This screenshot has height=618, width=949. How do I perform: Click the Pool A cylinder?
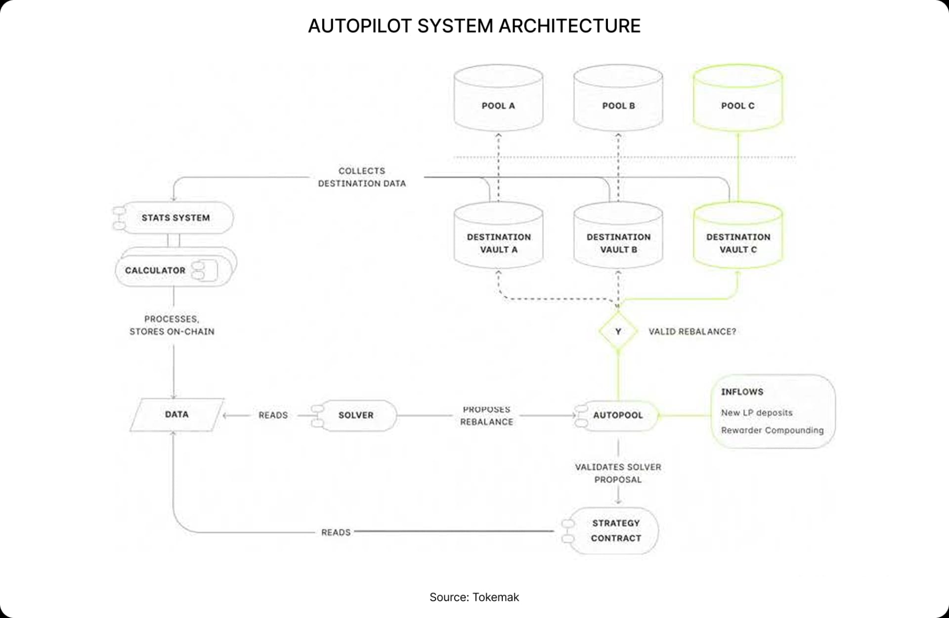pos(498,99)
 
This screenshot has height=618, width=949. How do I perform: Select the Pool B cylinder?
pos(618,99)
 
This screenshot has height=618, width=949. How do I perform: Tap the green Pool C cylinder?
pos(737,99)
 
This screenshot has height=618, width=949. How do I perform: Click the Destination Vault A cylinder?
pos(498,237)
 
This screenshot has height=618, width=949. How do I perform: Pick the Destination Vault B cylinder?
pos(618,237)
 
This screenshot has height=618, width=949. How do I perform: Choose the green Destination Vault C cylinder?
pos(737,237)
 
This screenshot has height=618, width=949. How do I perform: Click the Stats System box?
pos(175,218)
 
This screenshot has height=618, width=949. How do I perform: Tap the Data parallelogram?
pos(176,414)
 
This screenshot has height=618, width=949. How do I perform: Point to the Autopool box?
pos(618,415)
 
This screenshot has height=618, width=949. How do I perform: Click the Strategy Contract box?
pos(615,531)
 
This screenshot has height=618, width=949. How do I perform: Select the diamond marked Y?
pos(618,331)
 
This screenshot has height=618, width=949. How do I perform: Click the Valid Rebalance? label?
pos(692,331)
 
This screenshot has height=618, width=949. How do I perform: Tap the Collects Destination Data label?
pos(362,177)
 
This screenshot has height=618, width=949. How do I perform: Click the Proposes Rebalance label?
pos(487,415)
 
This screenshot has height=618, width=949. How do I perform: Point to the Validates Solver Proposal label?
pos(618,473)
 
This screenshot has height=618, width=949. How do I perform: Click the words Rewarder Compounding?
pos(772,430)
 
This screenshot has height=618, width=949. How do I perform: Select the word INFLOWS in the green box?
pos(742,392)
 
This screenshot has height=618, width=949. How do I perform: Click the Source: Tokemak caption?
pos(474,597)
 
